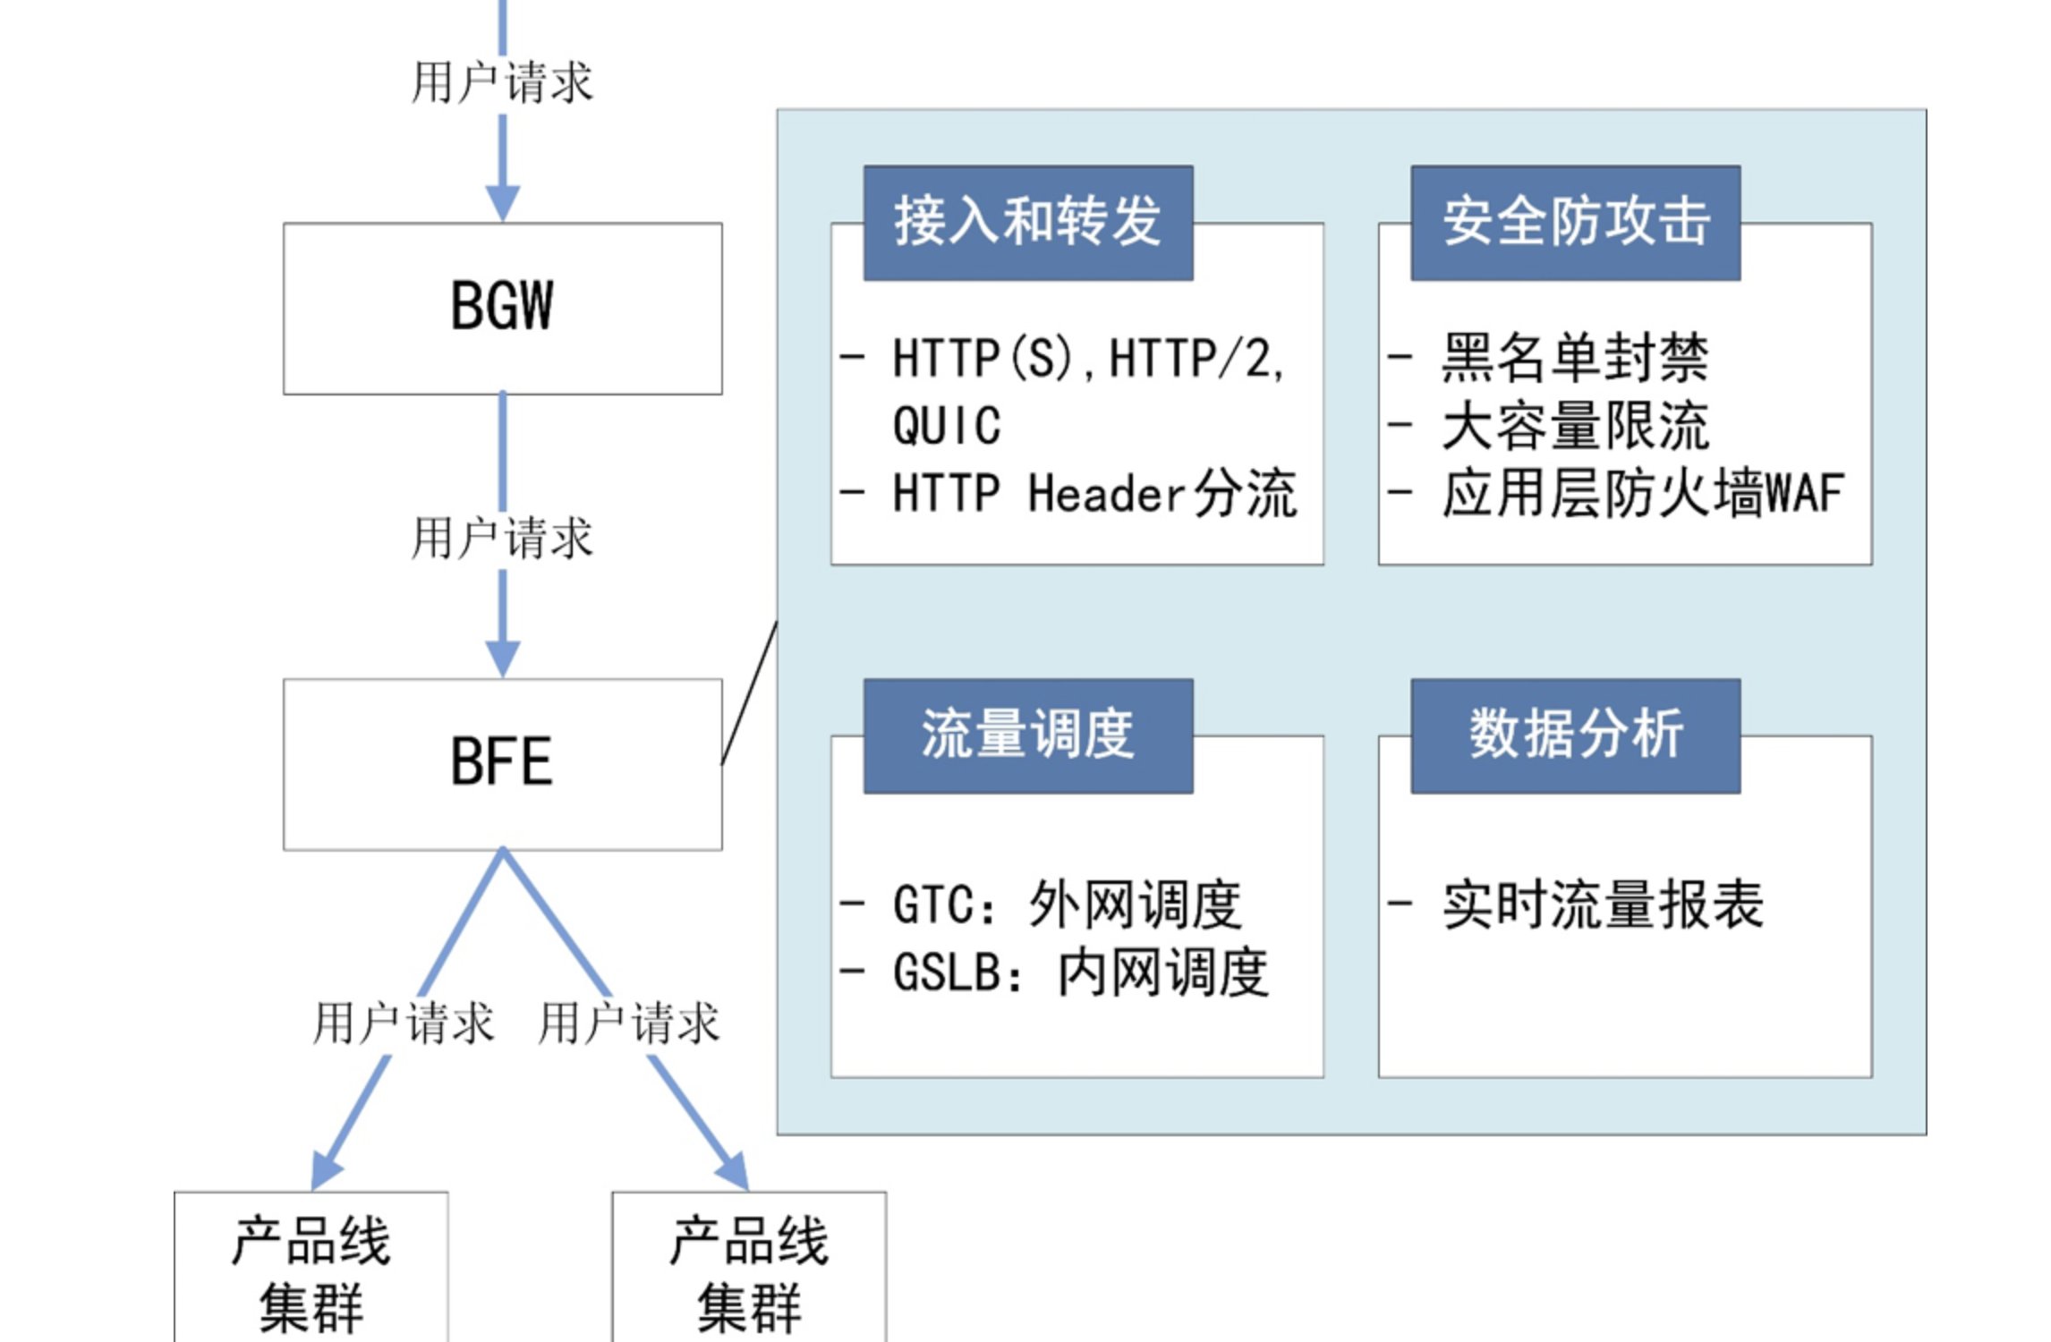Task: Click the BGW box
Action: click(502, 308)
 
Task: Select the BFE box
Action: click(502, 763)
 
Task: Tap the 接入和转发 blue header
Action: click(1027, 223)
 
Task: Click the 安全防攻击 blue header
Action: click(1575, 223)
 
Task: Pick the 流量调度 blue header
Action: click(1027, 735)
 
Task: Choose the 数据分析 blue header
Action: click(1575, 735)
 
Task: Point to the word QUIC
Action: click(947, 426)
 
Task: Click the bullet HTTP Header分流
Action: click(1094, 493)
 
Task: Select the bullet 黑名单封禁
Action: click(1575, 358)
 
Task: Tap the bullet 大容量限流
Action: click(1575, 426)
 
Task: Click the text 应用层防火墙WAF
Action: click(1642, 493)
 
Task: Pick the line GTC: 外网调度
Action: click(1067, 905)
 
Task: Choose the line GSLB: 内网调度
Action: click(1080, 973)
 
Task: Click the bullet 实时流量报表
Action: click(1602, 905)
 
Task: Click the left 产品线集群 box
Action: click(311, 1270)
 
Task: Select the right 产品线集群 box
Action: click(749, 1270)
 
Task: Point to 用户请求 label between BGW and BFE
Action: click(502, 538)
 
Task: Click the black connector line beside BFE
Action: click(749, 693)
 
